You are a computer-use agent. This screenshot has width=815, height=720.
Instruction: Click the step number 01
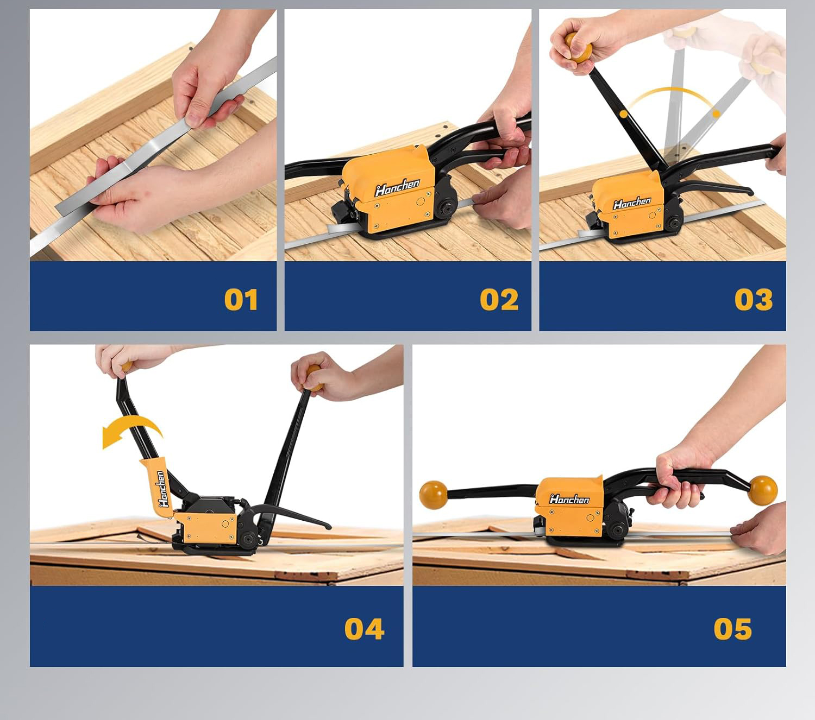241,300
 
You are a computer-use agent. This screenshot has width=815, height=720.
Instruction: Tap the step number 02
499,300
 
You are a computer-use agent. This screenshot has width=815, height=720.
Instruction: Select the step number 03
754,300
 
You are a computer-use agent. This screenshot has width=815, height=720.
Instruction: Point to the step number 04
364,629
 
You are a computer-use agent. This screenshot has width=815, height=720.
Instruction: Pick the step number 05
732,629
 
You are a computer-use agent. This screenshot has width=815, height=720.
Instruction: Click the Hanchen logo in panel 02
397,187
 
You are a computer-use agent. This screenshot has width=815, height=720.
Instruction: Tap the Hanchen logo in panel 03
631,203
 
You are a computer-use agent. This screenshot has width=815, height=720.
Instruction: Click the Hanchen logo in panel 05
569,499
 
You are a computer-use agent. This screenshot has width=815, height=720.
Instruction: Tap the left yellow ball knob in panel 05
433,495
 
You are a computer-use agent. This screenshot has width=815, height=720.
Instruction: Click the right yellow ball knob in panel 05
763,490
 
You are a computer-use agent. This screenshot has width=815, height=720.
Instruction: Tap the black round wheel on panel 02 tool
445,209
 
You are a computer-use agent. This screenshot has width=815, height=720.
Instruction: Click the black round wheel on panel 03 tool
672,222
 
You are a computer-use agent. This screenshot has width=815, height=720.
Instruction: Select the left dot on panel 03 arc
624,114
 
